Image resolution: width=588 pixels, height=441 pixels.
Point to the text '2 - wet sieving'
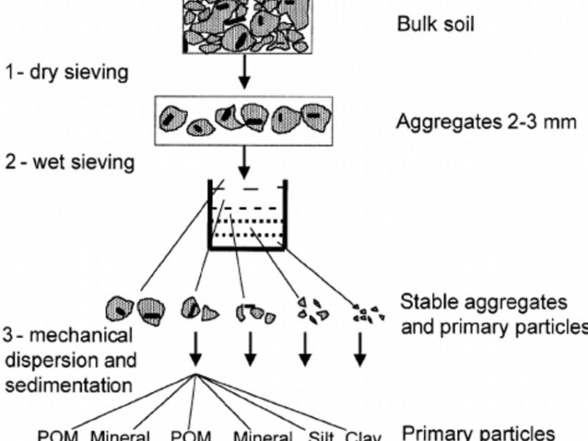coord(70,161)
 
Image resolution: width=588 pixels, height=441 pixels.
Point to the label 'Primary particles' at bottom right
coord(478,432)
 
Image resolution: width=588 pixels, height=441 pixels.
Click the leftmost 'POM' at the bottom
coord(56,435)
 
